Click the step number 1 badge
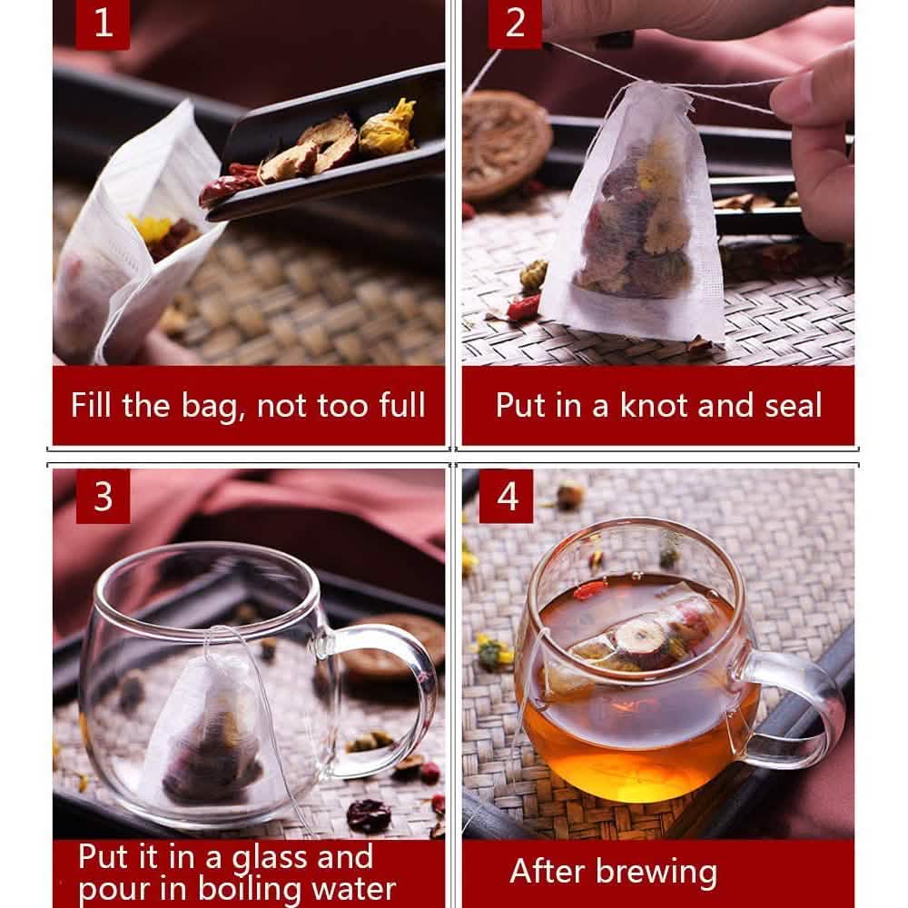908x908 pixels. click(x=103, y=24)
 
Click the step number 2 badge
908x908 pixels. click(x=515, y=24)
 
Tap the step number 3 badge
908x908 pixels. click(x=103, y=497)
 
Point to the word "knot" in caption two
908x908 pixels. click(x=656, y=405)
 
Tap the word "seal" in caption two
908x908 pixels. click(x=792, y=405)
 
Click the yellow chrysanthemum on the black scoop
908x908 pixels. click(x=389, y=129)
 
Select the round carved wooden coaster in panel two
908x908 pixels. click(x=505, y=141)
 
